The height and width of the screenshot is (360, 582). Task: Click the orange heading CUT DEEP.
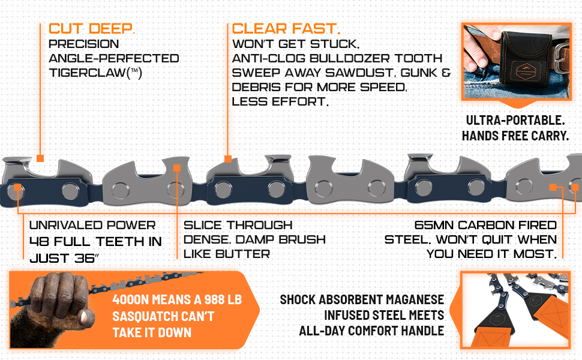[x=91, y=28]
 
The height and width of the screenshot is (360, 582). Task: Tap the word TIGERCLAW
[x=88, y=73]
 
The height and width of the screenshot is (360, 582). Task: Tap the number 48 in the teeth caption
[x=39, y=242]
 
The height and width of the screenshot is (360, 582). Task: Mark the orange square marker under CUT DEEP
[x=40, y=158]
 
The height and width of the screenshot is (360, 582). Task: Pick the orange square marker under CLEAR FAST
[x=228, y=159]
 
